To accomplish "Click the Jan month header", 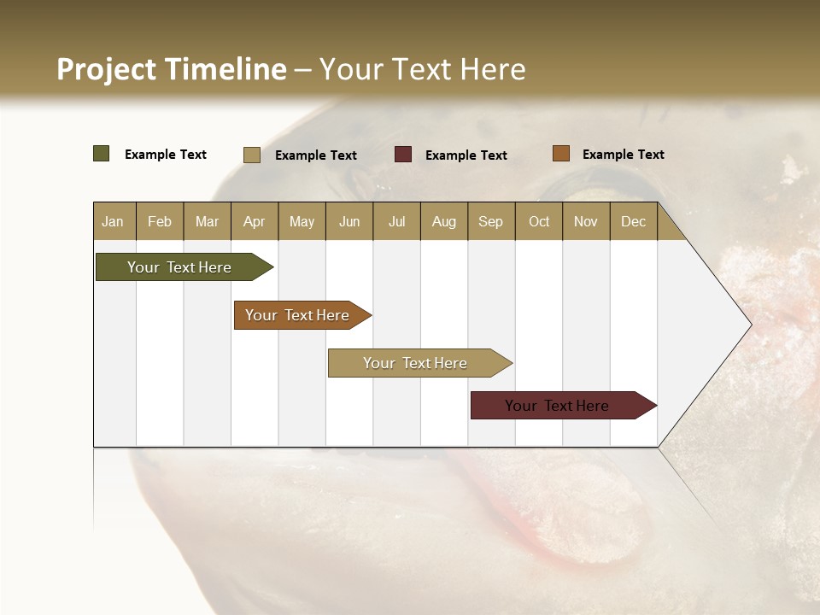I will point(113,221).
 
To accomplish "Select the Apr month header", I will point(254,221).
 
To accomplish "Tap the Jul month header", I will point(396,221).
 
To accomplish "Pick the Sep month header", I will point(490,221).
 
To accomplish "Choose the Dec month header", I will point(633,221).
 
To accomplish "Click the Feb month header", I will point(160,221).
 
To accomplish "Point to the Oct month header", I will point(539,221).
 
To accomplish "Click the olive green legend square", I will point(101,154).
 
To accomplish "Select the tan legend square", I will point(251,155).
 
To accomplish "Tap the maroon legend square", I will point(403,155).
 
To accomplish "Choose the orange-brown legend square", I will point(560,154).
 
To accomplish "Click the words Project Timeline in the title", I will point(171,69).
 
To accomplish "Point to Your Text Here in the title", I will point(423,69).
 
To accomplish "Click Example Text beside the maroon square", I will point(466,155).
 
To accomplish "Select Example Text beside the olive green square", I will point(166,155).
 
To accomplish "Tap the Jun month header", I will point(349,221).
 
